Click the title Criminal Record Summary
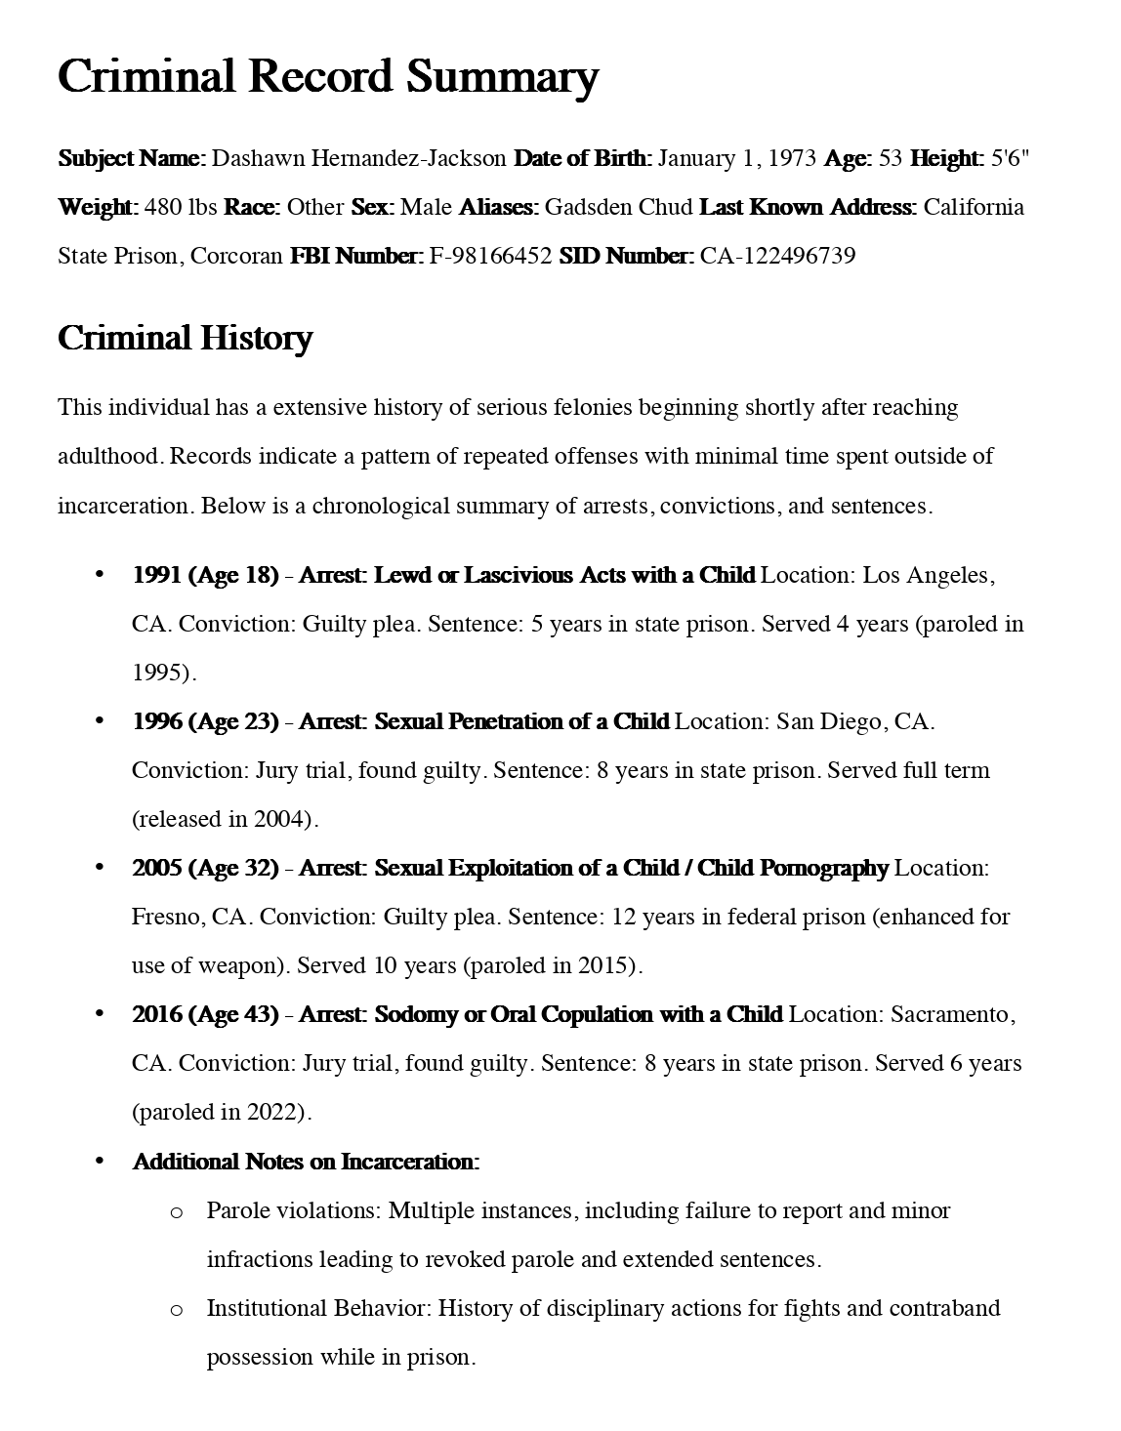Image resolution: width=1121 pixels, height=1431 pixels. pos(327,77)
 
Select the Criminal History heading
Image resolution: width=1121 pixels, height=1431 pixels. pos(185,339)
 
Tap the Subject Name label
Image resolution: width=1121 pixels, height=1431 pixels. pos(132,159)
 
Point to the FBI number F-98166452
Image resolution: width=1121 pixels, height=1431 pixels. pos(490,257)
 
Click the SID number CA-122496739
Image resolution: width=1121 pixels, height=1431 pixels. pos(777,257)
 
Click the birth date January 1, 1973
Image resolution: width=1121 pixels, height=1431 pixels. pos(737,159)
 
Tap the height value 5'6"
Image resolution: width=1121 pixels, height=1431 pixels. pos(1011,159)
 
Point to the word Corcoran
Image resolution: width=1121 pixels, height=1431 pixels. pos(236,257)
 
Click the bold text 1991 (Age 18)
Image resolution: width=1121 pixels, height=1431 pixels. pos(205,576)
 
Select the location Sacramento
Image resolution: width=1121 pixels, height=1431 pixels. pos(949,1015)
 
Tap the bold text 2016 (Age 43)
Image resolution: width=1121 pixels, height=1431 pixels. pos(205,1015)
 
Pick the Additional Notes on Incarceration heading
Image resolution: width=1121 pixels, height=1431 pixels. pos(306,1163)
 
